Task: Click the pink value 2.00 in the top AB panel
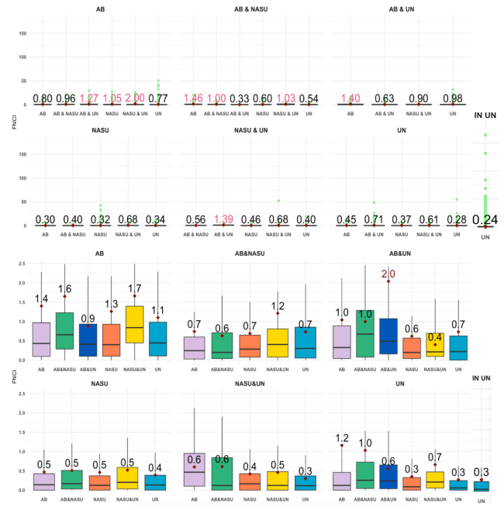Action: coord(134,98)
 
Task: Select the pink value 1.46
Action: coord(194,98)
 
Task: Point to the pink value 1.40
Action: coord(350,98)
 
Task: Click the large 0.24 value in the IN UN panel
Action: coord(485,220)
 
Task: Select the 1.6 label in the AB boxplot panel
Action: coord(65,289)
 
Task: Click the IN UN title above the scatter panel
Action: coord(485,115)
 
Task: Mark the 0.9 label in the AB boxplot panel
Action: coord(88,319)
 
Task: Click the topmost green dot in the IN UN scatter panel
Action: coord(485,135)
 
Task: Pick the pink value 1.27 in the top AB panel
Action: coord(88,98)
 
